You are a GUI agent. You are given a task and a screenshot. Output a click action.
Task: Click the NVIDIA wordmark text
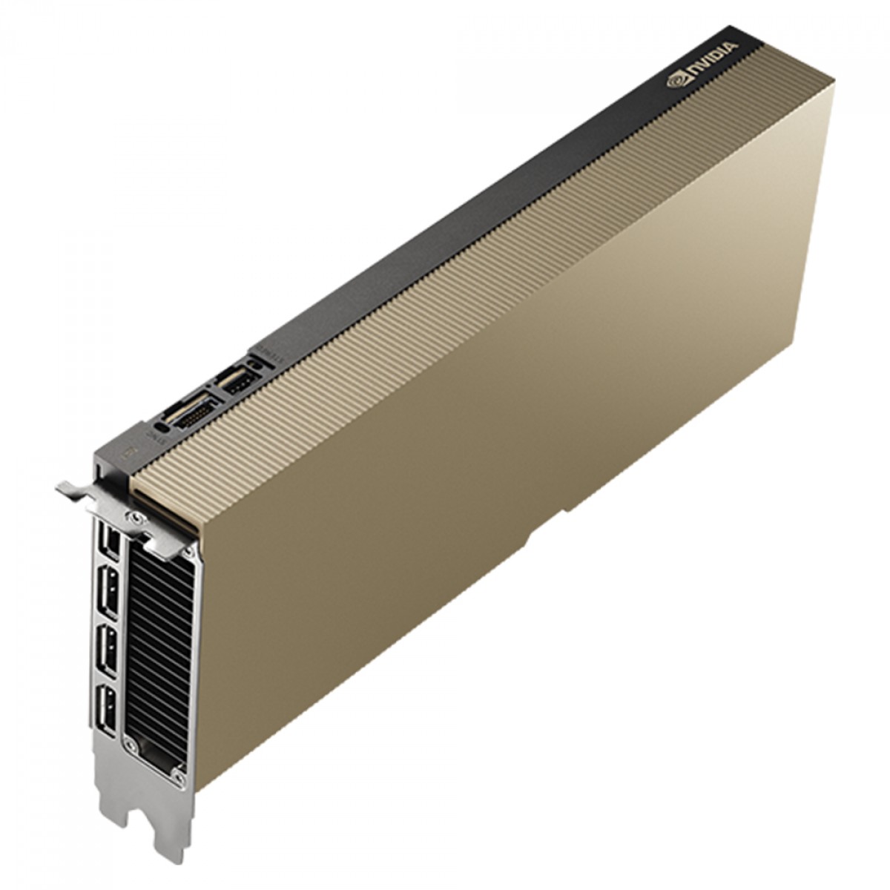tap(712, 62)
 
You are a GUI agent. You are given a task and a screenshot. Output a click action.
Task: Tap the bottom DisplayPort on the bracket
tap(108, 708)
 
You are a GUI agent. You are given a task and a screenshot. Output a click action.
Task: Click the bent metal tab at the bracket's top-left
tap(70, 491)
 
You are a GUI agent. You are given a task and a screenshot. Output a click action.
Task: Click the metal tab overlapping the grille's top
tap(167, 541)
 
